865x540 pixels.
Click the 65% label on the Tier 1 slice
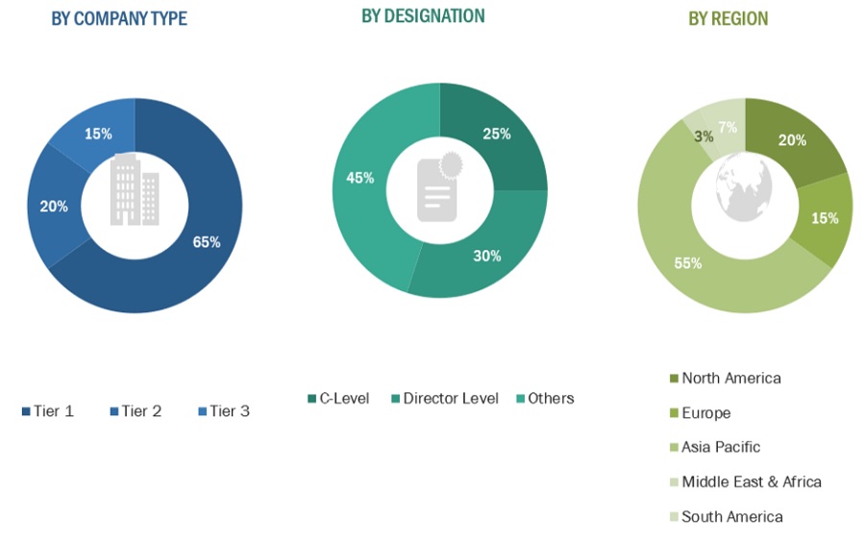coord(207,242)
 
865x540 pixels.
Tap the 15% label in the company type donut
coord(98,134)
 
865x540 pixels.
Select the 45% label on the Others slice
coord(360,178)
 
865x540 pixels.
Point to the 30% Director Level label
coord(486,256)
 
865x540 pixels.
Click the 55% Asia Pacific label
coord(688,263)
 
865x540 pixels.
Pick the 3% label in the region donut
coord(704,136)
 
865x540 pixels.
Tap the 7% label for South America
coord(728,128)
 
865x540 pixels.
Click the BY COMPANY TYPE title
coord(119,18)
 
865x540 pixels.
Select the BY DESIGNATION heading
coord(423,15)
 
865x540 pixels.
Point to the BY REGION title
coord(728,18)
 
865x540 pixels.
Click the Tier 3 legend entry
coord(223,411)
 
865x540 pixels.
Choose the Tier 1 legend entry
coord(46,411)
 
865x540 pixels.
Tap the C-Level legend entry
coord(338,398)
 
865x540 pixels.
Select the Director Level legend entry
coord(444,398)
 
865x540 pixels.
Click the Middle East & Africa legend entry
coord(745,481)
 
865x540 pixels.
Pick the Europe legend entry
coord(700,413)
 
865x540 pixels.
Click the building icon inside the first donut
coord(134,190)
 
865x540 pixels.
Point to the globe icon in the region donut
coord(745,187)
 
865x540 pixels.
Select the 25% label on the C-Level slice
coord(497,135)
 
